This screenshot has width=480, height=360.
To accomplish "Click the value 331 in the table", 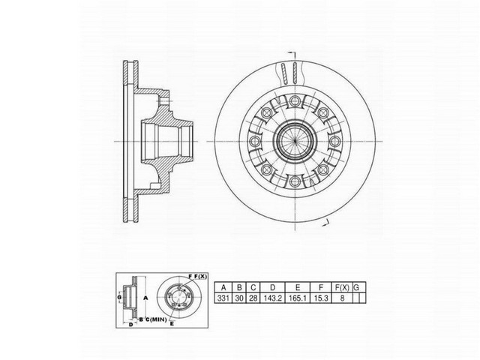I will pos(223,298).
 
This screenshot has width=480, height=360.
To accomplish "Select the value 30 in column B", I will pos(238,298).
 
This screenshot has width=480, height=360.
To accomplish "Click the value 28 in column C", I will pos(252,298).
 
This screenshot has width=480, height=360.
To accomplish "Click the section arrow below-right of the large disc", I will pos(325,223).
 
